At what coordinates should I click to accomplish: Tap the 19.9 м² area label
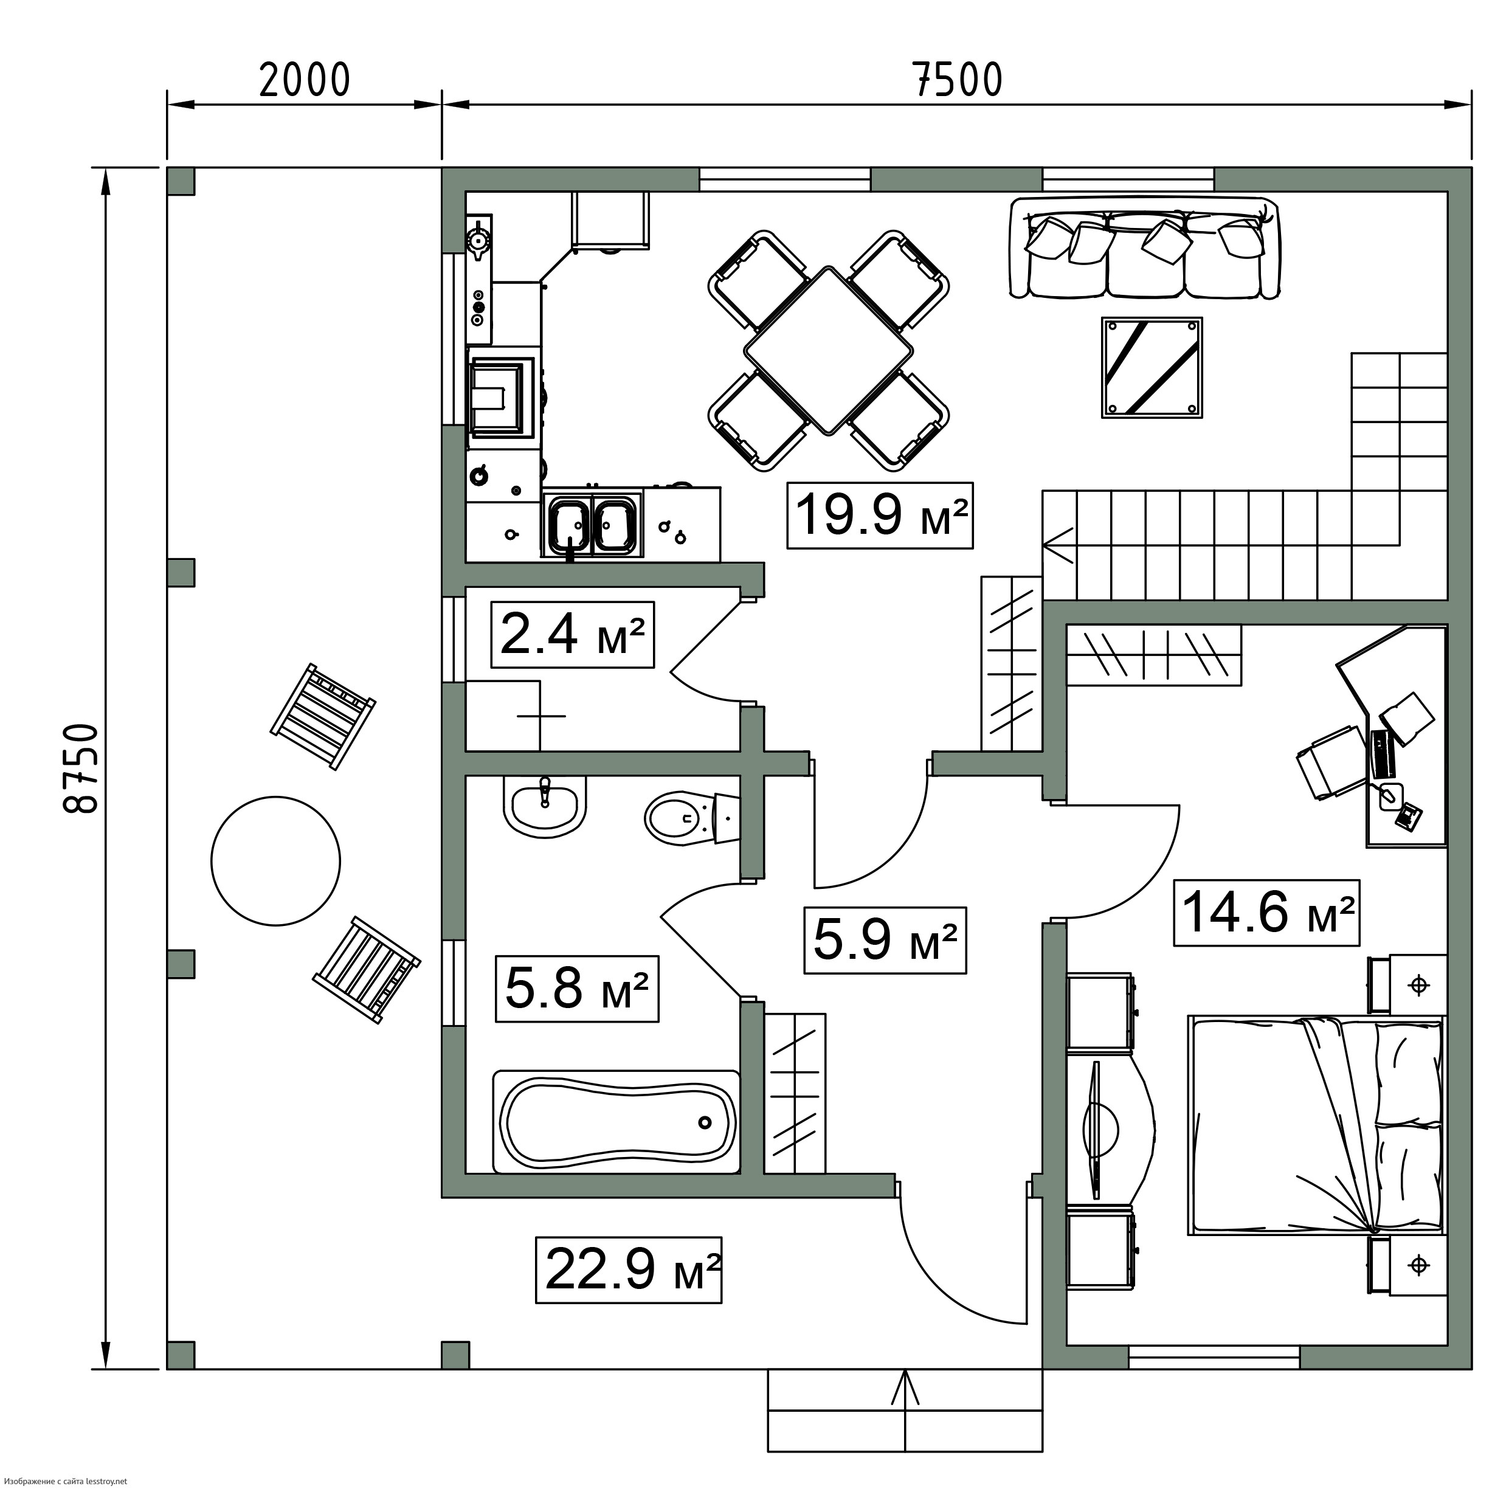pyautogui.click(x=880, y=516)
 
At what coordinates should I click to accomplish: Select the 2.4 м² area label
pyautogui.click(x=571, y=634)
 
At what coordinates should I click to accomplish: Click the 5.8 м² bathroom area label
pyautogui.click(x=576, y=988)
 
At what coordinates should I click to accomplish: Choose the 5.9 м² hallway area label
pyautogui.click(x=885, y=940)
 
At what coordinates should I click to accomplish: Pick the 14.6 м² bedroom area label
pyautogui.click(x=1268, y=913)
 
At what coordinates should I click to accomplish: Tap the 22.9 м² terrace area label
pyautogui.click(x=629, y=1270)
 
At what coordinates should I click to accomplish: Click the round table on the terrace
pyautogui.click(x=275, y=861)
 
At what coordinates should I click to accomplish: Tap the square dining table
pyautogui.click(x=829, y=350)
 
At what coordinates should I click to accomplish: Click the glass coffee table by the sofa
pyautogui.click(x=1152, y=367)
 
